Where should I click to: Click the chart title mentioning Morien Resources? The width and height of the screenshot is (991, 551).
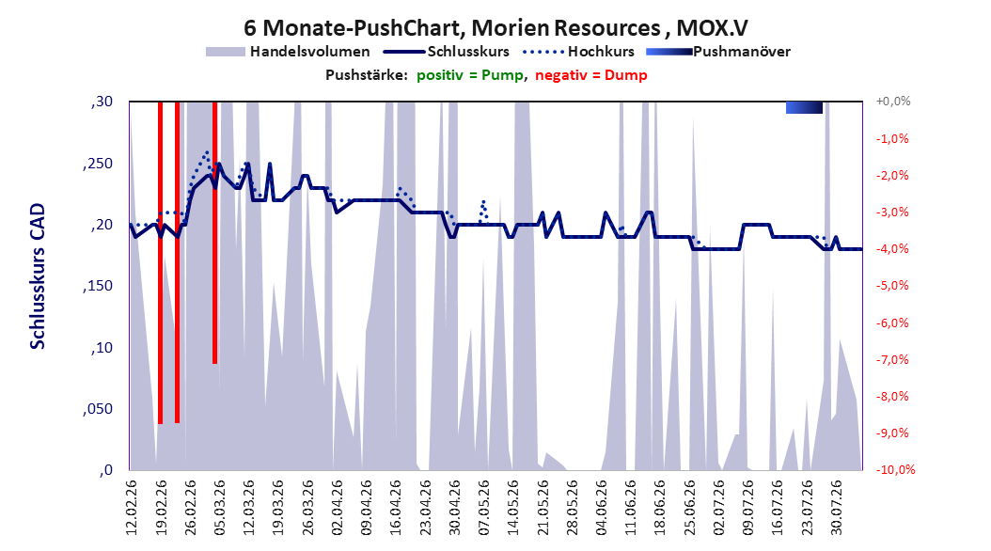tap(495, 28)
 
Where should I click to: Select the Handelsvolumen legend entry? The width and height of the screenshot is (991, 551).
tap(289, 52)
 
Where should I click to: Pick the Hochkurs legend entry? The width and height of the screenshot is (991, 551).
tap(578, 52)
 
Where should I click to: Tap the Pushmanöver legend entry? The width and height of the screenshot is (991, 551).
tap(718, 52)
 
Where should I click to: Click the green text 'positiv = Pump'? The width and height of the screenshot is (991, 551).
tap(470, 75)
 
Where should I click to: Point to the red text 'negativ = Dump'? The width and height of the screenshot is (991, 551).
tap(591, 75)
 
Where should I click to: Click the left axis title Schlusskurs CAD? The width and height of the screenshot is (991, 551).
tap(38, 276)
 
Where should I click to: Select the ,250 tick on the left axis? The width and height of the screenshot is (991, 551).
tap(98, 164)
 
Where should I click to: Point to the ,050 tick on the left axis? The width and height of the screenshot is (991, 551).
tap(98, 409)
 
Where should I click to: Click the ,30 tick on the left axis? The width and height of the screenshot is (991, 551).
tap(102, 102)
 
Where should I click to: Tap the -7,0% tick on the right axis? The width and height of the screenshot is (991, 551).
tap(892, 359)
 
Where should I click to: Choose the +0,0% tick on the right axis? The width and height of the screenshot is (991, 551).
tap(893, 102)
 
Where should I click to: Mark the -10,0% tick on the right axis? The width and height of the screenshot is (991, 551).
tap(895, 469)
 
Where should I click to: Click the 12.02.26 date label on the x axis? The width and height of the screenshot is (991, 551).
tap(132, 508)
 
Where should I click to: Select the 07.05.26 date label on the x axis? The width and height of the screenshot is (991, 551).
tap(484, 508)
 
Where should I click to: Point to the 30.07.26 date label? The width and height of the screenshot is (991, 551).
tap(836, 508)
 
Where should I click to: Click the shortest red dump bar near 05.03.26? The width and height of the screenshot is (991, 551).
tap(215, 232)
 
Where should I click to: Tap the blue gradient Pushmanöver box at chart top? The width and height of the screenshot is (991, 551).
tap(804, 107)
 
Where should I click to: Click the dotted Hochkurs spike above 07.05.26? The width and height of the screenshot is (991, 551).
tap(484, 211)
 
